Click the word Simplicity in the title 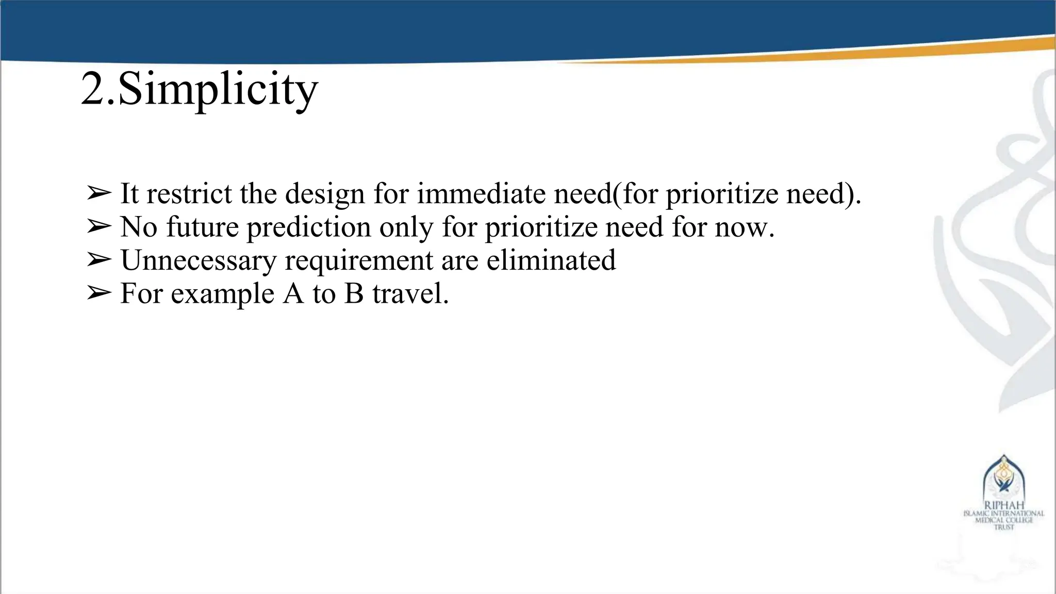pyautogui.click(x=218, y=90)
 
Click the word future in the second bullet pyautogui.click(x=203, y=227)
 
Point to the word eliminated pyautogui.click(x=551, y=260)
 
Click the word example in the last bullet pyautogui.click(x=223, y=294)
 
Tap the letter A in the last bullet pyautogui.click(x=293, y=293)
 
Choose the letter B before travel pyautogui.click(x=354, y=293)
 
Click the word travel pyautogui.click(x=410, y=293)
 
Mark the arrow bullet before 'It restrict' pyautogui.click(x=98, y=193)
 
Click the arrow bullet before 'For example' pyautogui.click(x=98, y=293)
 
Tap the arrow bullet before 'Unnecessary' pyautogui.click(x=98, y=260)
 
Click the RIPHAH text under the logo pyautogui.click(x=1004, y=506)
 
